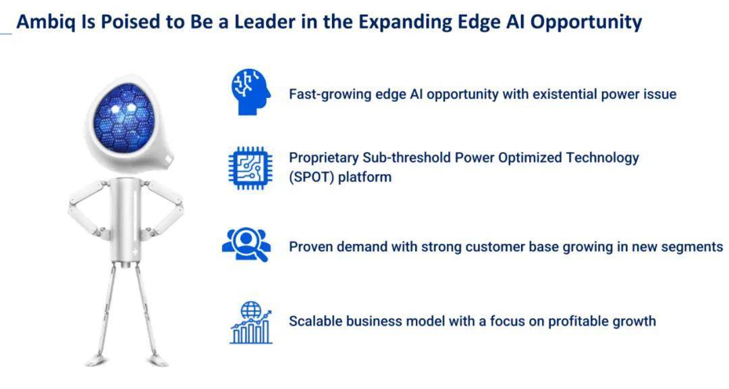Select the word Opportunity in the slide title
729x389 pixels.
tap(587, 23)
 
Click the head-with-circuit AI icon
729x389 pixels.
tap(251, 92)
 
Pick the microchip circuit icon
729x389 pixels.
tap(250, 168)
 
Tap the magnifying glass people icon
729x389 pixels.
tap(246, 245)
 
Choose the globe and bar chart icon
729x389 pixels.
tap(251, 322)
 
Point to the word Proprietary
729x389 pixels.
tap(323, 159)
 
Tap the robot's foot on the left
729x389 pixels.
tap(97, 360)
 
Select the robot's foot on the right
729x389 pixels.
tap(157, 359)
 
